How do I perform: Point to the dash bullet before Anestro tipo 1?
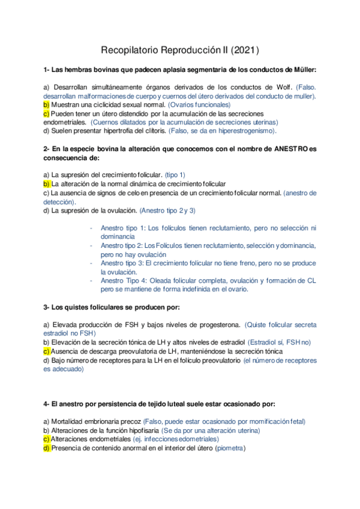pos(91,228)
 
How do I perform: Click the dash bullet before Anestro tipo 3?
pos(91,263)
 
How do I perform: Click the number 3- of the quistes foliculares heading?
pos(47,307)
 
